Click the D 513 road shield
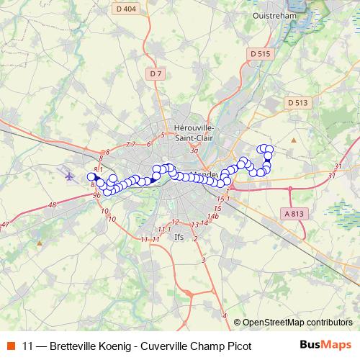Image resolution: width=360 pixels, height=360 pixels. pos(297,103)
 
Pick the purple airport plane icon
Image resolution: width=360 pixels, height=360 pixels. pos(69,175)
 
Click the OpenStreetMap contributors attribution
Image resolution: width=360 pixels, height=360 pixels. pos(297,323)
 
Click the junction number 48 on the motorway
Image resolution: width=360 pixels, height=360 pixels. pos(52,205)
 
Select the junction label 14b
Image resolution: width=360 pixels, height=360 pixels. pos(212,215)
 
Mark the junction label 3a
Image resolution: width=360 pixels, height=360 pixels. pos(193,151)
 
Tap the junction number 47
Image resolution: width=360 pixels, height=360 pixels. pos(6,225)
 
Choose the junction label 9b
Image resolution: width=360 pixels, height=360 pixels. pos(96,194)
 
